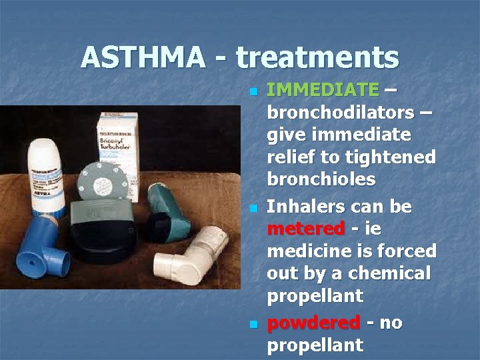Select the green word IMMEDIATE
322,89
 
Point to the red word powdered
313,323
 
